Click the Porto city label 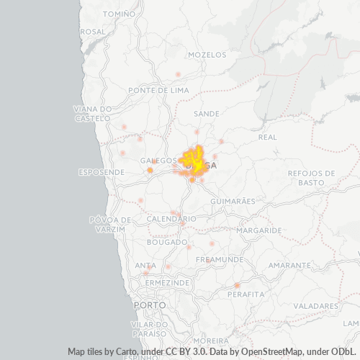coord(150,305)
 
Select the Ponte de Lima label coord(158,90)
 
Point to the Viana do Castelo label coord(92,113)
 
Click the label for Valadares coord(315,306)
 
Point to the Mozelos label coord(207,55)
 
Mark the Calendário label coord(171,218)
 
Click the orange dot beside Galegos coord(150,171)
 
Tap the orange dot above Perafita coord(237,286)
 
